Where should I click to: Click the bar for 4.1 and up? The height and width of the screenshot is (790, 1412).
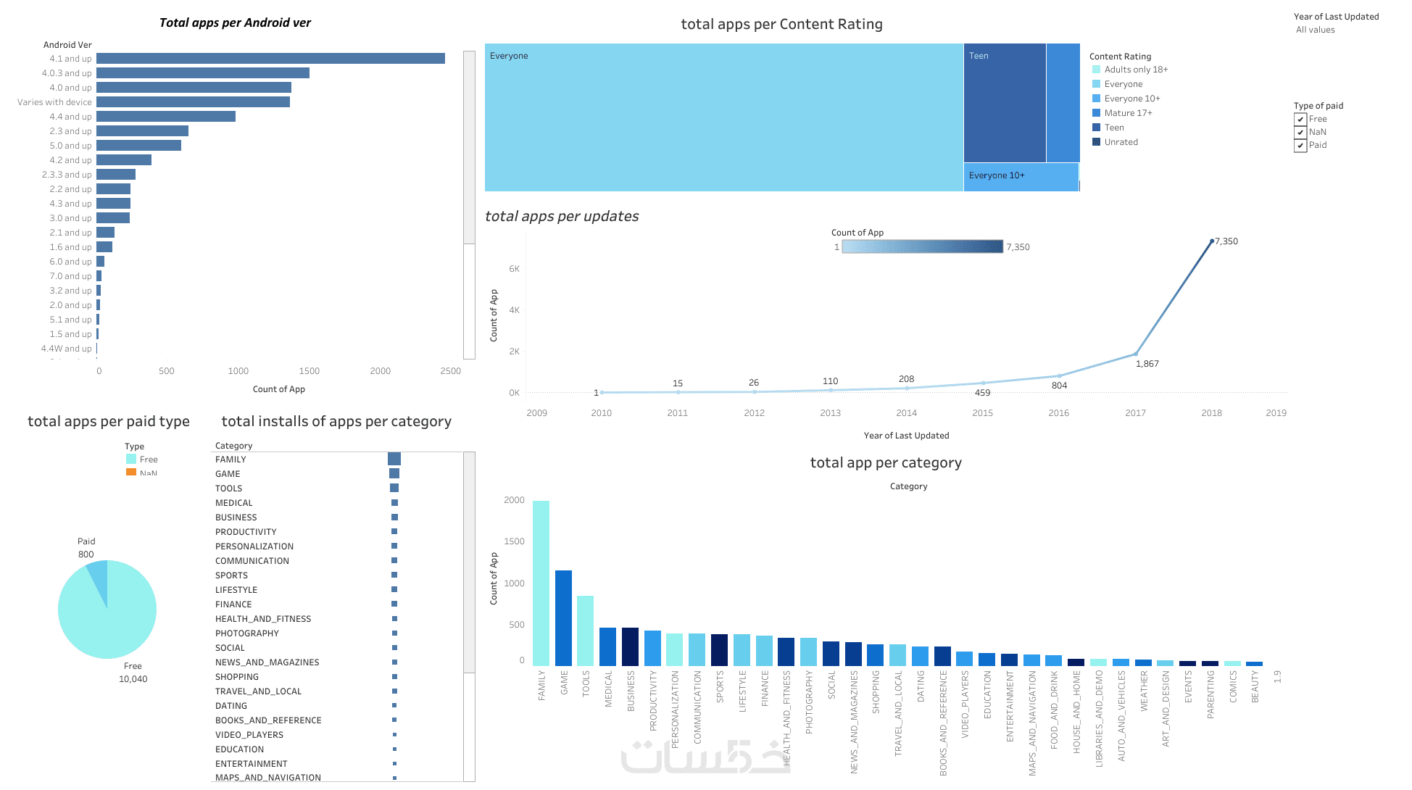point(270,59)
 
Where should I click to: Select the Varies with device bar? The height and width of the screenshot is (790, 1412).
point(193,102)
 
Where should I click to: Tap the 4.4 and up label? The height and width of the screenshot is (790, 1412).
point(70,117)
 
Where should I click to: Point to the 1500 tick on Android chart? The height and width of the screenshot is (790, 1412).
point(309,371)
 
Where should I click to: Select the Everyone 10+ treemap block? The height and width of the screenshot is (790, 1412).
point(1021,177)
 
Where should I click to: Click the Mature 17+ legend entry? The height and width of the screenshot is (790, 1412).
point(1128,113)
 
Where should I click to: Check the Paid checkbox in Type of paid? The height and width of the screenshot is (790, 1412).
point(1300,146)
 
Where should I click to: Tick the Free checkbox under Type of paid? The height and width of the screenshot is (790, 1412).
point(1300,120)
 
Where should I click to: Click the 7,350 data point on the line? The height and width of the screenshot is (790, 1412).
point(1212,241)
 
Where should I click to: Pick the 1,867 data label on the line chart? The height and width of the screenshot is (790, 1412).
point(1147,364)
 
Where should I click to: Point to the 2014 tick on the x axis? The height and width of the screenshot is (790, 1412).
point(906,413)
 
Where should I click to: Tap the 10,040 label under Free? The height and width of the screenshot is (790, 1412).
point(133,679)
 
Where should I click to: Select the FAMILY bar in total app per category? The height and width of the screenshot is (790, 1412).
point(541,583)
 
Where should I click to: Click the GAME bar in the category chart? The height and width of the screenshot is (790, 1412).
point(563,618)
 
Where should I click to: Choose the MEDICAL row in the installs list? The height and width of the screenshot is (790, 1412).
point(234,503)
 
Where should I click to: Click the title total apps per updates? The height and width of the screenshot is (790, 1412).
point(562,216)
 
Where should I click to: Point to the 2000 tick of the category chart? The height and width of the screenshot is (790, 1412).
point(514,500)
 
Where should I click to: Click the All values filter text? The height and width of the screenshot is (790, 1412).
point(1315,30)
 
